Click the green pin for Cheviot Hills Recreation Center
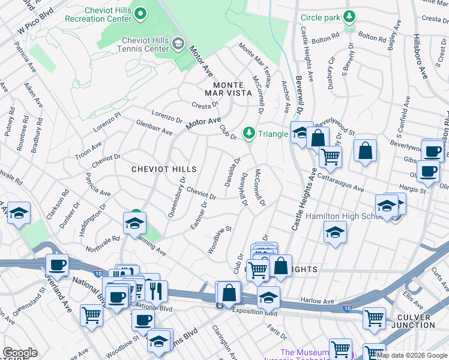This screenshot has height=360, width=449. point(140,13)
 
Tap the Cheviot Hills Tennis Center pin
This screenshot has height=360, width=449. point(178,43)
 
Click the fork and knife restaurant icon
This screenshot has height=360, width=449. point(156,291)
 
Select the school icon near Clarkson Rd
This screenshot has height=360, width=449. point(19,212)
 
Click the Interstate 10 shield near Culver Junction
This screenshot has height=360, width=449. point(347,308)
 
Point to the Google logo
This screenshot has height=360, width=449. point(20,353)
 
